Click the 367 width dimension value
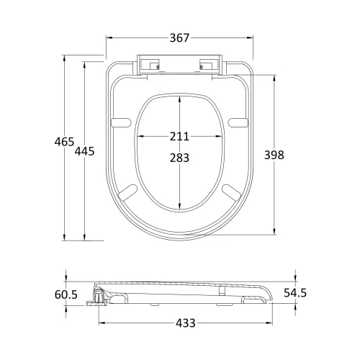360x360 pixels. (x=179, y=38)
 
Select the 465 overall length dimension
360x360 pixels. (x=64, y=142)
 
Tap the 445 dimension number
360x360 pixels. (x=84, y=151)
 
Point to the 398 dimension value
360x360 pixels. (x=274, y=155)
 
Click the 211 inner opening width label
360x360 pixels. (x=179, y=136)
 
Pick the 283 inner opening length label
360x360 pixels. (x=179, y=158)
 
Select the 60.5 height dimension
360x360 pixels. (x=66, y=294)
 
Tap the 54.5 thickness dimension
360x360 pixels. (x=295, y=293)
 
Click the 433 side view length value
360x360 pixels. (x=186, y=323)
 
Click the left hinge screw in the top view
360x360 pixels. (x=158, y=67)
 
